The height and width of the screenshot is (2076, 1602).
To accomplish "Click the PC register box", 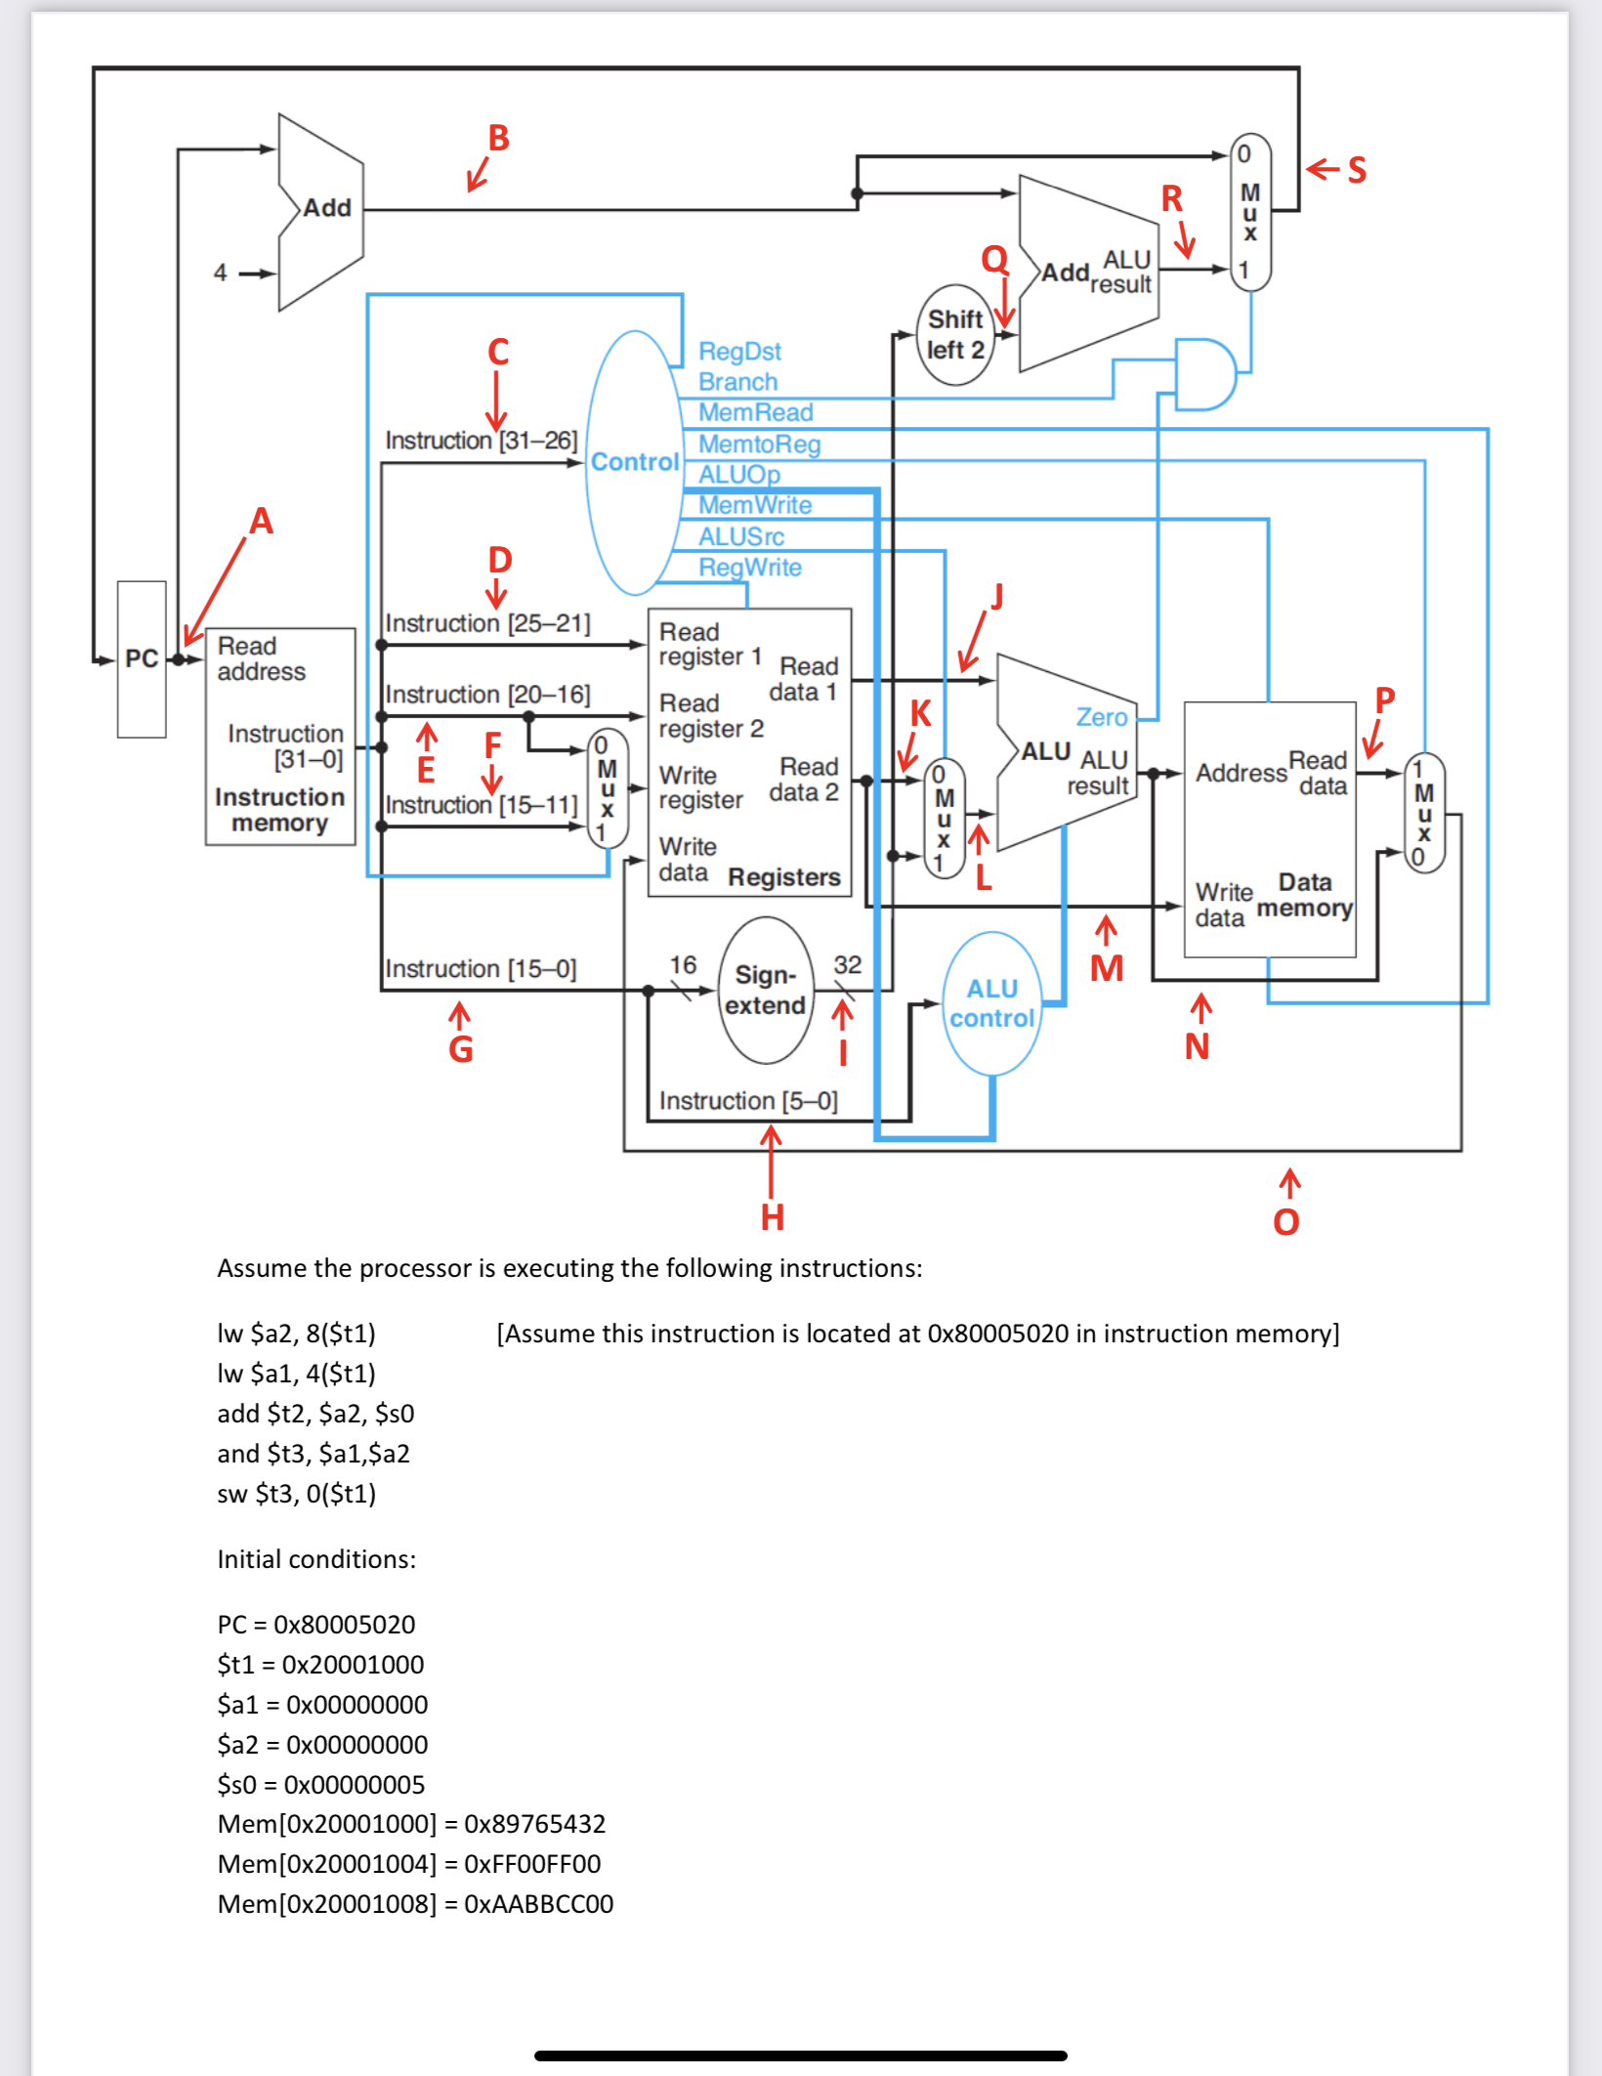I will point(142,659).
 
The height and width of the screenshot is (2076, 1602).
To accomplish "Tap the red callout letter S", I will point(1357,170).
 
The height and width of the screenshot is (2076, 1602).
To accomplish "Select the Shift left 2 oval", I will point(954,335).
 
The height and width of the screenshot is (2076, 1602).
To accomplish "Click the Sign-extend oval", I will point(766,990).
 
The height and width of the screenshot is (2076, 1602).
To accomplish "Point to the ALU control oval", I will point(991,1003).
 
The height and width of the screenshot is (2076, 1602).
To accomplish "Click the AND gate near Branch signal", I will point(1204,374).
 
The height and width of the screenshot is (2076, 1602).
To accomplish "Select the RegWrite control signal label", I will point(749,568).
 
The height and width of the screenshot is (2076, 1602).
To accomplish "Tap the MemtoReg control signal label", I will point(759,445).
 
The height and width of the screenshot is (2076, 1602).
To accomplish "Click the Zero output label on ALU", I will point(1101,717).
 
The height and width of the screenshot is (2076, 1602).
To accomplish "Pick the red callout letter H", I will point(772,1217).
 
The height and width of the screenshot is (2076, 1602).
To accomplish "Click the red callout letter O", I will point(1286,1222).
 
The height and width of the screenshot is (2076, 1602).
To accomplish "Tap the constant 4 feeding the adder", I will point(221,273).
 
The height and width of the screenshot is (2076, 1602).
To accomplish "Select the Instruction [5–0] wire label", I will point(748,1101).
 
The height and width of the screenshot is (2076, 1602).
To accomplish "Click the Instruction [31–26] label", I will point(481,441).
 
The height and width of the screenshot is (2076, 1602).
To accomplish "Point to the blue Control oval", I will point(635,462).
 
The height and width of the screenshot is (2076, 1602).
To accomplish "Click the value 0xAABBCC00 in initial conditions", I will point(538,1904).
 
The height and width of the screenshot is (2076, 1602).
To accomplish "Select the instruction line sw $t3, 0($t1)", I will point(296,1494).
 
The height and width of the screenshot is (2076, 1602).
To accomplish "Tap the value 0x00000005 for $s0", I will point(355,1785).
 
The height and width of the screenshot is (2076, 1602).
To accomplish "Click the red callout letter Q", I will point(994,259).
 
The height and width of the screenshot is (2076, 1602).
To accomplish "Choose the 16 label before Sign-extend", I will point(683,965).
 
